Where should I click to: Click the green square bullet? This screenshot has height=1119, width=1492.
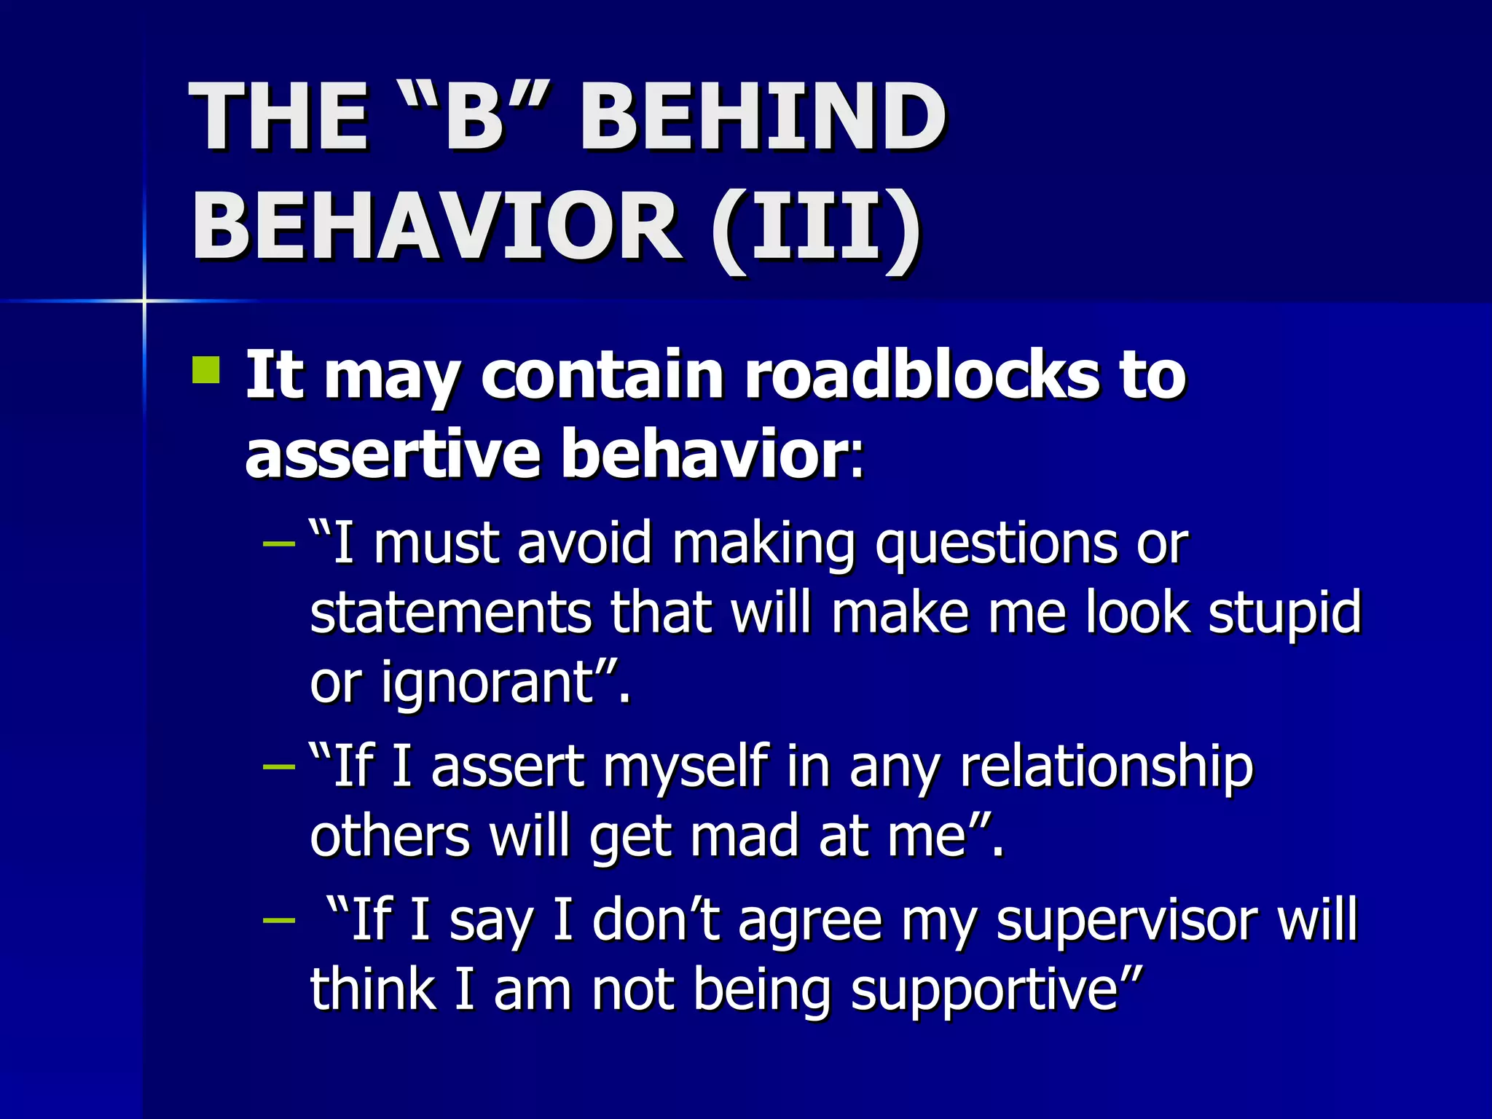(206, 369)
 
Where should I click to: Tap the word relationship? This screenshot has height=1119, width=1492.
(1107, 768)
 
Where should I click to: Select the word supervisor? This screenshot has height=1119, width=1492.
(1126, 921)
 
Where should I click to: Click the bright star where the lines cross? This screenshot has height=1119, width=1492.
(144, 300)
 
